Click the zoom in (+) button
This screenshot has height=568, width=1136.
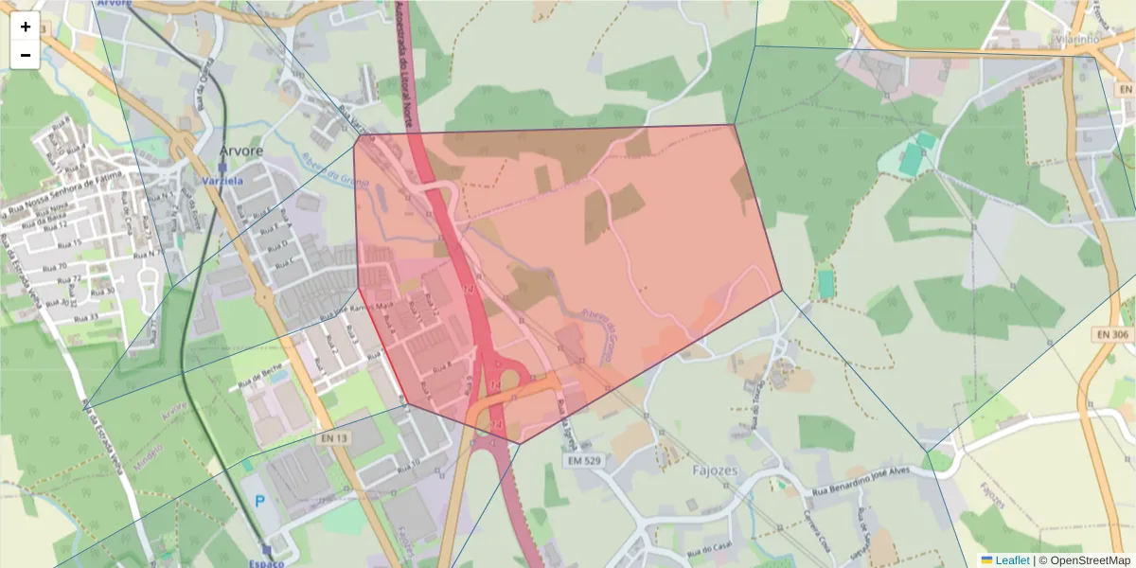coord(26,27)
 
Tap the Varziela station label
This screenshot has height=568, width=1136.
coord(222,180)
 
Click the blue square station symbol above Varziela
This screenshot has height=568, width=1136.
coord(222,167)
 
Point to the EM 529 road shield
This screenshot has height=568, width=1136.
coord(586,460)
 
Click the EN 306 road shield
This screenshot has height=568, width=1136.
coord(1113,334)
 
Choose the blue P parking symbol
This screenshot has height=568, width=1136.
coord(259,501)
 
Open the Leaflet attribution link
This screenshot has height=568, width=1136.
coord(1011,560)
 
